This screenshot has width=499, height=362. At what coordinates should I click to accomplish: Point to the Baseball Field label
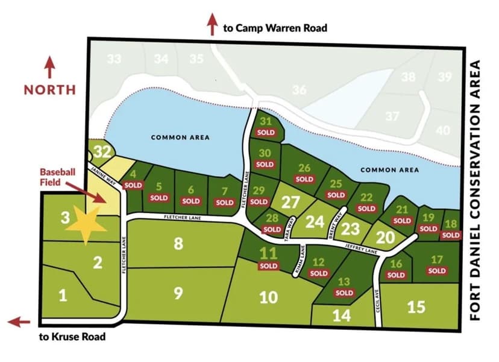pos(57,176)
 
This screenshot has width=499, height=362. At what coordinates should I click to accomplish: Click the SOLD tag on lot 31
pos(266,132)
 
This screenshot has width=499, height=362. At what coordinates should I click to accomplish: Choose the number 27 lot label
pos(290,202)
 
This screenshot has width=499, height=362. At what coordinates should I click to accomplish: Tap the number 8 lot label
pos(178,243)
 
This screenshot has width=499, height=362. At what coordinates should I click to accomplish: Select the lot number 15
pos(416,306)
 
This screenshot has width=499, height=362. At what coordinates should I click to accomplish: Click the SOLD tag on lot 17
pos(437,271)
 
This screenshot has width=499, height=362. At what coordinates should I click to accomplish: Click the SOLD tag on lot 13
pos(344,293)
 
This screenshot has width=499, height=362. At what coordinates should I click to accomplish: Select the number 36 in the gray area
pos(300,90)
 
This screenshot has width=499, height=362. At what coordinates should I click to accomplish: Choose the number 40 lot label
pos(443,130)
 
